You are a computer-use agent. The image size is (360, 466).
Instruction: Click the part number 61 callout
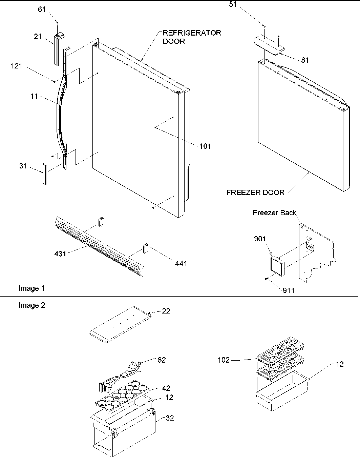coord(42,9)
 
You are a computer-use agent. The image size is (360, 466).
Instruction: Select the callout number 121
coord(16,66)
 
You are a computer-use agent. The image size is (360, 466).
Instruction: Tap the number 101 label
coord(205,146)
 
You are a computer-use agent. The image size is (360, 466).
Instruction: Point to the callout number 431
coord(60,253)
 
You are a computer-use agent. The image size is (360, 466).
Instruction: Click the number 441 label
coord(181,263)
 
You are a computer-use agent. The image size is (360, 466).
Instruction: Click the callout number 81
coord(305,60)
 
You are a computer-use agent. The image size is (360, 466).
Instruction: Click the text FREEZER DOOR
coord(255,193)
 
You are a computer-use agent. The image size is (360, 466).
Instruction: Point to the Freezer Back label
coord(274,212)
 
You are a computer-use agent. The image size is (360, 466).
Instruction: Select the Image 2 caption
coord(31,305)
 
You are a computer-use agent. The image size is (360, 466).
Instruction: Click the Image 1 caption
coord(31,288)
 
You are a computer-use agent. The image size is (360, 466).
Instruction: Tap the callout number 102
coord(224,360)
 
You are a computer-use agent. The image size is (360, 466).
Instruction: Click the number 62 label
coord(162,360)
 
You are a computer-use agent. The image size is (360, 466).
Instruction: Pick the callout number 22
coord(166,311)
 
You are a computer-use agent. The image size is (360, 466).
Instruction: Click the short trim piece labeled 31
coord(44,173)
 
